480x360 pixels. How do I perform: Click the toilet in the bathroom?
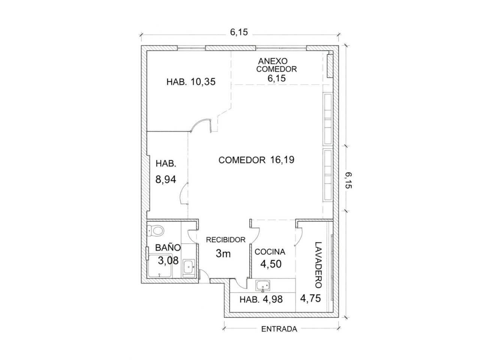pos(156,230)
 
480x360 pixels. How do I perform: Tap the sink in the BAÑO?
pos(188,267)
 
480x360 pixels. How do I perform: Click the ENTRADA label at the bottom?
pos(279,329)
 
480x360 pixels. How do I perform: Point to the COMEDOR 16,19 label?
pos(256,160)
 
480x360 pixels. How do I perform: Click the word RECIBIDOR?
pos(226,240)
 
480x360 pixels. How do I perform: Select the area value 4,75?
pos(310,298)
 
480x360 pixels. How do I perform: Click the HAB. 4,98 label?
pos(261,299)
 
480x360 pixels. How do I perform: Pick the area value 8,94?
pos(166,180)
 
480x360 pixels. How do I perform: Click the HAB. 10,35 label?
pos(191,82)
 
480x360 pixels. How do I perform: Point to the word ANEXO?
pos(273,61)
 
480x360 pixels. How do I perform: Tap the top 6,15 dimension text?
pos(239,32)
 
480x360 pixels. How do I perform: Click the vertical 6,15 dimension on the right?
pos(349,180)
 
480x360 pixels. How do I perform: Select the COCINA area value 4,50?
pos(271,264)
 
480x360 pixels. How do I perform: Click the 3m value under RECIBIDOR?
pos(223,253)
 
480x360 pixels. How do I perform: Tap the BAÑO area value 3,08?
pos(168,261)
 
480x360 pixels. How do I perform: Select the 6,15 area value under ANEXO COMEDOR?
pos(276,78)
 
